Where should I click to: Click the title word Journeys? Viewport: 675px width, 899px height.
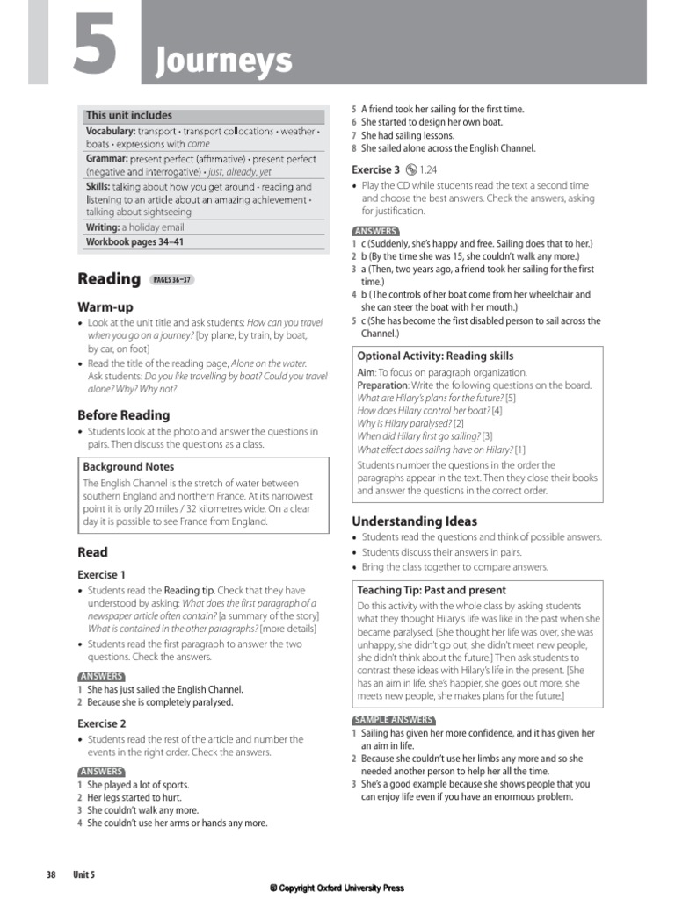point(223,61)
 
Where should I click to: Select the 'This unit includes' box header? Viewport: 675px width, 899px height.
point(128,115)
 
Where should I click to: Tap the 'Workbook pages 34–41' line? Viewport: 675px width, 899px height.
point(134,241)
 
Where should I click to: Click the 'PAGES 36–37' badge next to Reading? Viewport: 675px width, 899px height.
point(171,280)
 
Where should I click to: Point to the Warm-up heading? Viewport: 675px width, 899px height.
point(105,307)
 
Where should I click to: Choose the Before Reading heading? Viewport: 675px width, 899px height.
point(123,414)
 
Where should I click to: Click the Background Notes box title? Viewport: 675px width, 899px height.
point(128,467)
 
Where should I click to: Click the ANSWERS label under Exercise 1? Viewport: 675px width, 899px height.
point(100,677)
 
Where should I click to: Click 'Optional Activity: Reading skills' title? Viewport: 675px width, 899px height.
point(435,356)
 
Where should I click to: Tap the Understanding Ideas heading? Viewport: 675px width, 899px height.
point(414,521)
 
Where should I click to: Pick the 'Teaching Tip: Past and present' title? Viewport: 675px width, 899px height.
point(432,590)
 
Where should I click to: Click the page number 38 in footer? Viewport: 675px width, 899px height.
point(51,874)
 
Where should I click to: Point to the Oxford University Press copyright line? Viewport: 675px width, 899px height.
point(337,888)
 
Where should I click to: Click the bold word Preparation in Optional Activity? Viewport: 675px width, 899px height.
point(382,385)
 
